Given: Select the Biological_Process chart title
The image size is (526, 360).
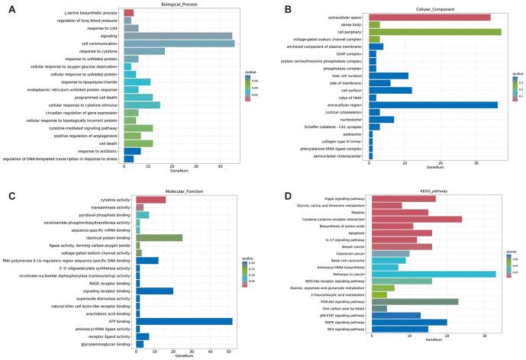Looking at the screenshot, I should [182, 6].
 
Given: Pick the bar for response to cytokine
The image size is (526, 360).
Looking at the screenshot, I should [144, 51].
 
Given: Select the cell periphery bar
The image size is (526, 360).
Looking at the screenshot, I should [434, 31].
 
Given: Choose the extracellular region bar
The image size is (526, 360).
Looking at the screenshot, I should [432, 104].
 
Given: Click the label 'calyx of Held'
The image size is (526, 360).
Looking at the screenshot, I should [350, 98].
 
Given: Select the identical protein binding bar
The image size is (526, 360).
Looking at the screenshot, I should [158, 238].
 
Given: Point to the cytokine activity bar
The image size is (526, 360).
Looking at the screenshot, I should [150, 199].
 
